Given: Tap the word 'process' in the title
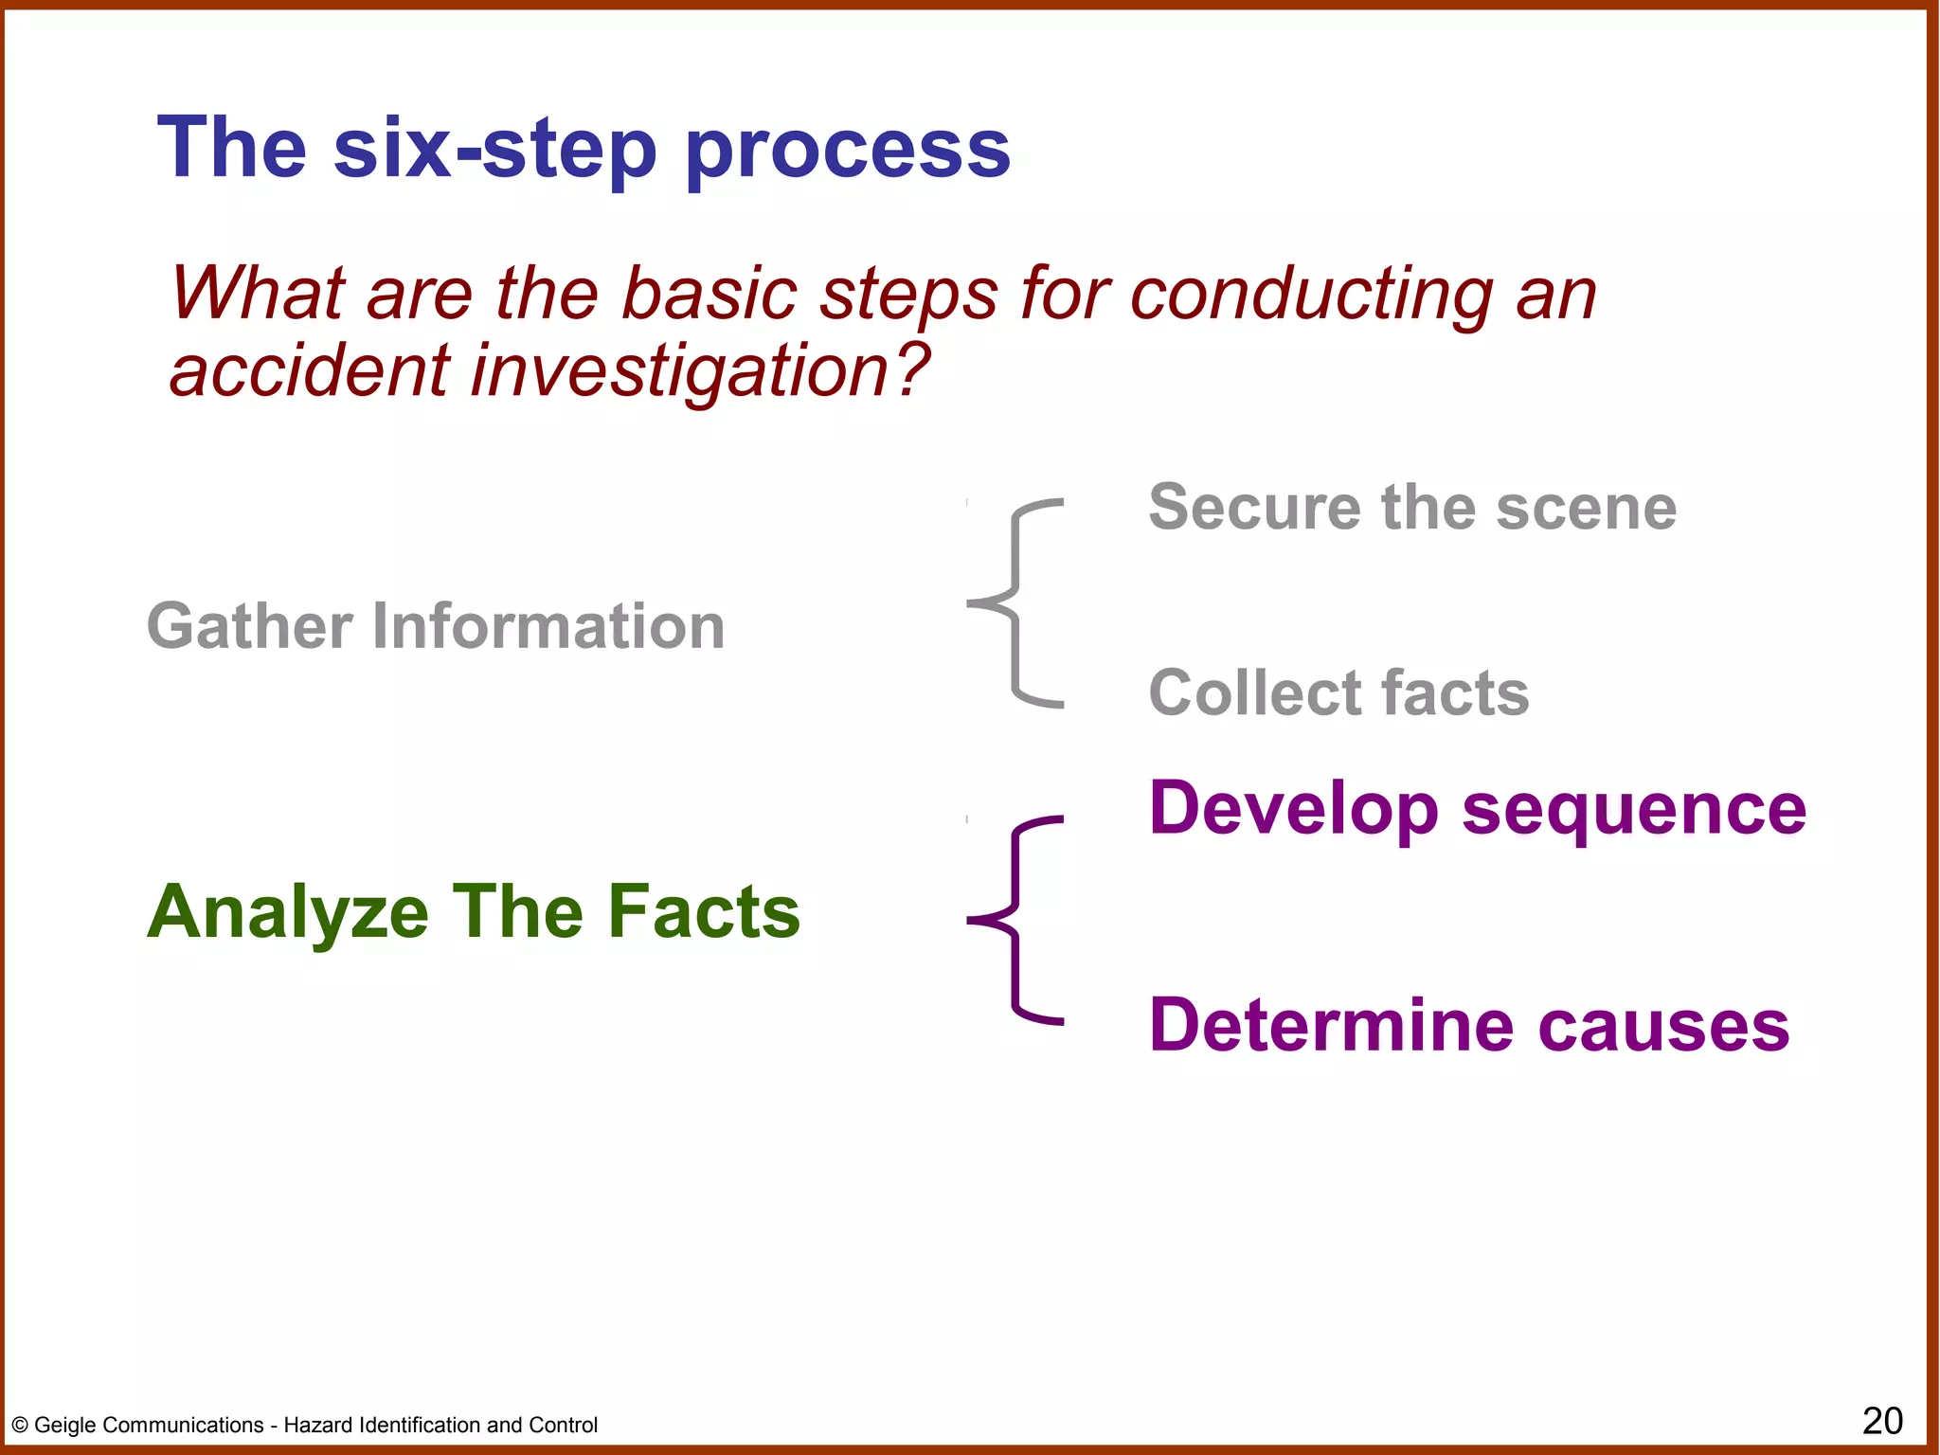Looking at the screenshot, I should pyautogui.click(x=847, y=152).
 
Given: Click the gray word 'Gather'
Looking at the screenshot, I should pyautogui.click(x=250, y=627).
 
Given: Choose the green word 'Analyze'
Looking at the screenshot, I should pyautogui.click(x=288, y=912).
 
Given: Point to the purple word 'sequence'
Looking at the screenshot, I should pyautogui.click(x=1634, y=810).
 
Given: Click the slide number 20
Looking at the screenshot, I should pyautogui.click(x=1881, y=1421).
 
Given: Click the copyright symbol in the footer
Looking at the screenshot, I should pyautogui.click(x=20, y=1426).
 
